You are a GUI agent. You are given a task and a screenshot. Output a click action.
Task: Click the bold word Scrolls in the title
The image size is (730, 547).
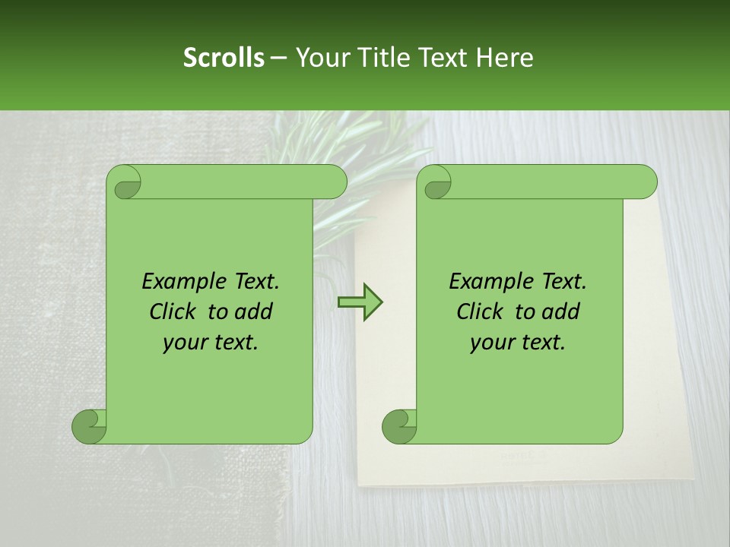pyautogui.click(x=224, y=58)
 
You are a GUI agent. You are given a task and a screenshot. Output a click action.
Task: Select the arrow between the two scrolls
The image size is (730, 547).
pyautogui.click(x=360, y=302)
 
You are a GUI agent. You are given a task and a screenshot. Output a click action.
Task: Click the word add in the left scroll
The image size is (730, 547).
pyautogui.click(x=255, y=311)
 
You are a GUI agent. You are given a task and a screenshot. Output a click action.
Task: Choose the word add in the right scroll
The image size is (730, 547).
pyautogui.click(x=562, y=311)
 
